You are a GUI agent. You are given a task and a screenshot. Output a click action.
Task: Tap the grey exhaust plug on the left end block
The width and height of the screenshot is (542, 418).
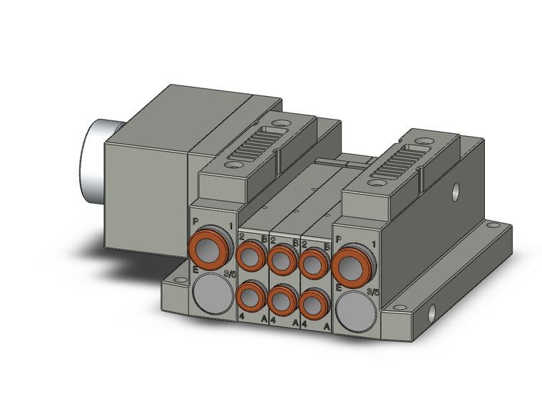pyautogui.click(x=212, y=291)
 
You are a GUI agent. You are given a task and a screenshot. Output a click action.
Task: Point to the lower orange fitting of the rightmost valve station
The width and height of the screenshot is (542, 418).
pyautogui.click(x=313, y=306)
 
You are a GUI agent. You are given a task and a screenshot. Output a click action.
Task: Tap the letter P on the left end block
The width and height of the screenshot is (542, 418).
pyautogui.click(x=196, y=221)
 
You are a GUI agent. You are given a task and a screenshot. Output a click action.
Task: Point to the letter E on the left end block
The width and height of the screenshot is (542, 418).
pyautogui.click(x=195, y=268)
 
